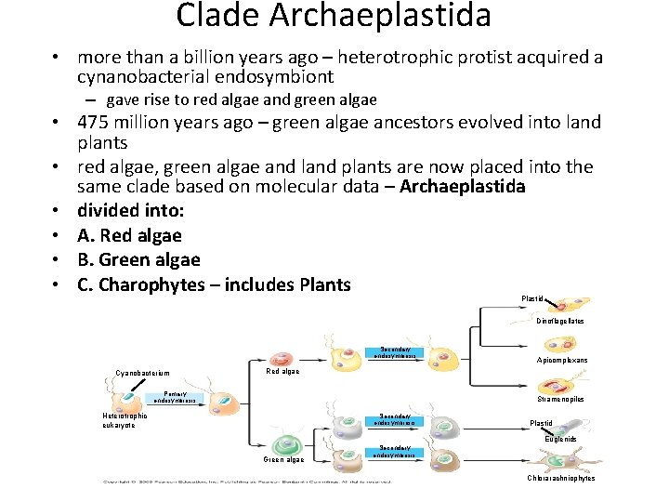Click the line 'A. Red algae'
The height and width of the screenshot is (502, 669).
[x=129, y=235]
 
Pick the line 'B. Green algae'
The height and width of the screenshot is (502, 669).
[x=138, y=259]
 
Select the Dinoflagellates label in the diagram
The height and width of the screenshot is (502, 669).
[x=560, y=321]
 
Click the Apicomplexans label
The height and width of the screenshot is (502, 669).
[x=562, y=360]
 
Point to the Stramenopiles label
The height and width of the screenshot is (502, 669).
[x=560, y=399]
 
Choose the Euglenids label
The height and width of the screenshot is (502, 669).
[x=561, y=438]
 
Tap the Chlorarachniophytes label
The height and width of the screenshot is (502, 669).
[x=561, y=478]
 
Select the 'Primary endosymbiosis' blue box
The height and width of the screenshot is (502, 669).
[x=174, y=397]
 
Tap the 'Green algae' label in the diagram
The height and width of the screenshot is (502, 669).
[x=282, y=459]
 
